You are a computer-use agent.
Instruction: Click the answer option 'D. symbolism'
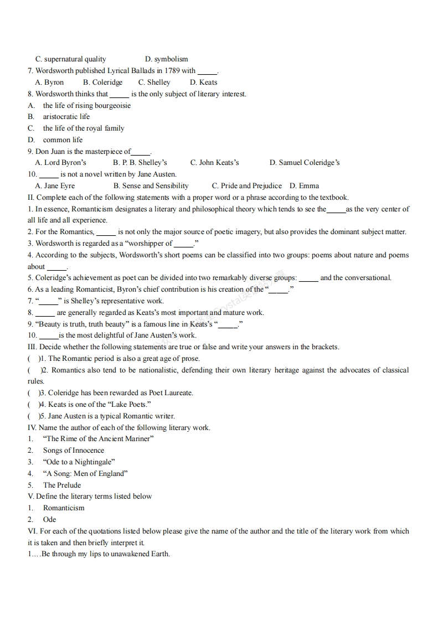point(166,59)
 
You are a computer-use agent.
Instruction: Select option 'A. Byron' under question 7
point(49,82)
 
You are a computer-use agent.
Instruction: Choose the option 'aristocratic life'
point(66,117)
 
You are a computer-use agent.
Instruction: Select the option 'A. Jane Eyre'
point(55,186)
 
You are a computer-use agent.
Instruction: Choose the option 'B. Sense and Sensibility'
point(151,186)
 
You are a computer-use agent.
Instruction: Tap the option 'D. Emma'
point(304,186)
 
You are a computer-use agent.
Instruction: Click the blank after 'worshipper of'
point(184,244)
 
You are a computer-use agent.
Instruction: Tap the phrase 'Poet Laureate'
point(171,393)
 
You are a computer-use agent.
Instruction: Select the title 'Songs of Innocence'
point(73,451)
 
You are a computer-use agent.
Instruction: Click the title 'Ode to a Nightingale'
point(79,462)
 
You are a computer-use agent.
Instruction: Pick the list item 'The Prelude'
point(62,485)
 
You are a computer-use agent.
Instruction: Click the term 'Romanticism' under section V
point(64,508)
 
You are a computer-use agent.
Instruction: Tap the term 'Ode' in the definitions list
point(49,520)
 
